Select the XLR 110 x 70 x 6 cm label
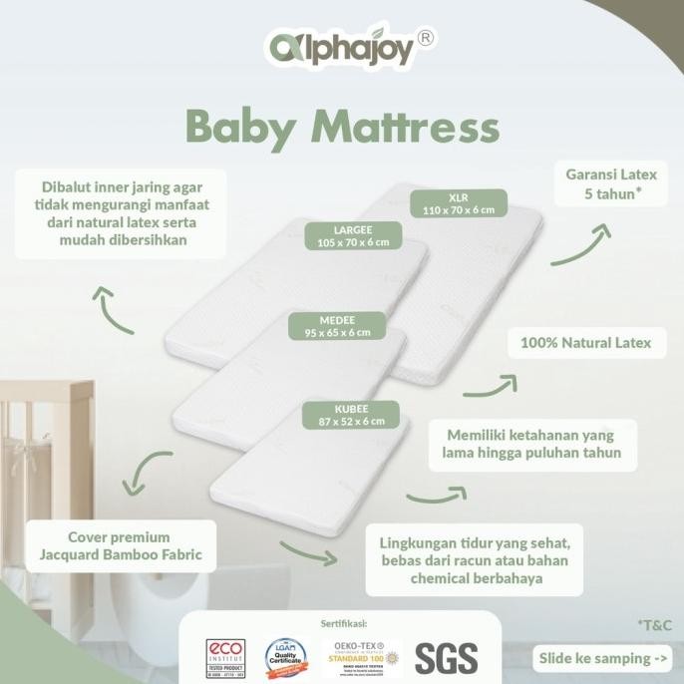coord(459,202)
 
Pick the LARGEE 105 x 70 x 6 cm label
coord(354,234)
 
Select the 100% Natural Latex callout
coord(585,343)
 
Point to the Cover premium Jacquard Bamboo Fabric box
coord(119,545)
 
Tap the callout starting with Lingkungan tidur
coord(474,560)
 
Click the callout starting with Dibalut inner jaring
coord(119,213)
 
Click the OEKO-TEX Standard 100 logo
coord(363,658)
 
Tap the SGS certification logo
coord(445,658)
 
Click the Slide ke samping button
coord(603,658)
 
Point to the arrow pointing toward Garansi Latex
coord(579,246)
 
